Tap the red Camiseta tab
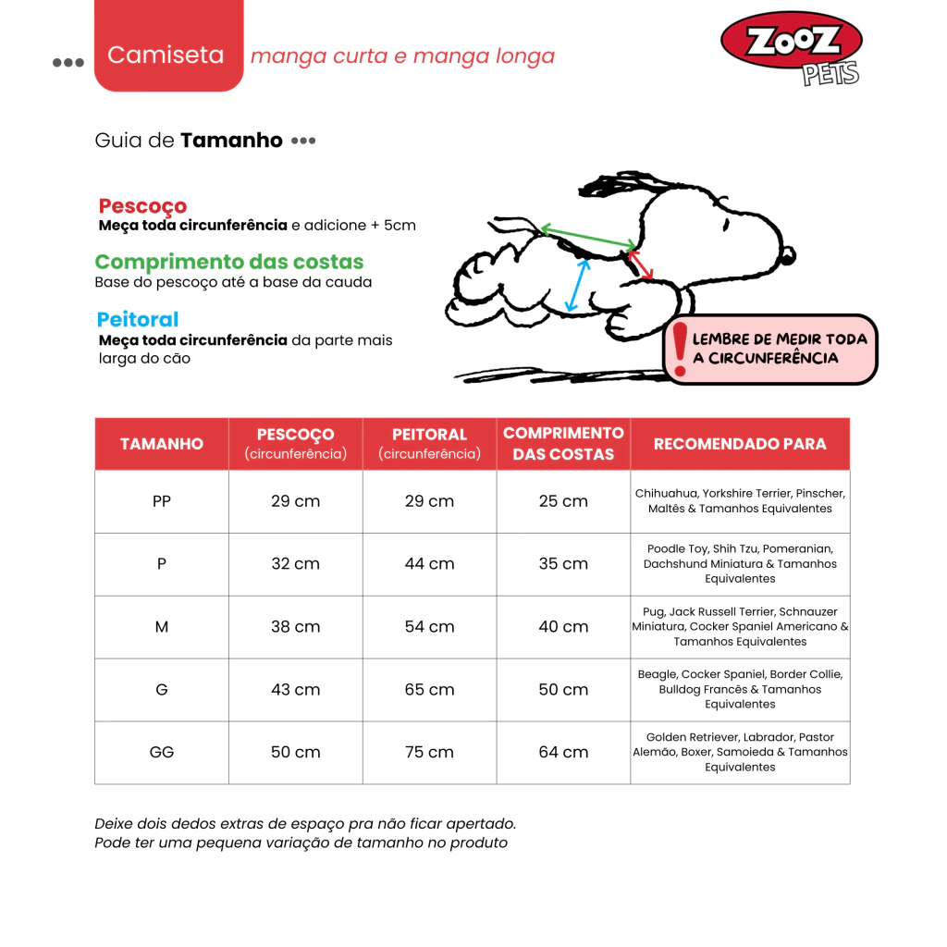[166, 55]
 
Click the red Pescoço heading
[142, 206]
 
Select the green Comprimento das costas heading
[229, 262]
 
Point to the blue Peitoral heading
[138, 320]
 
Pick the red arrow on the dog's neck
[641, 264]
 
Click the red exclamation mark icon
[680, 349]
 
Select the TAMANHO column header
[162, 444]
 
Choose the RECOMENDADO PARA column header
[740, 444]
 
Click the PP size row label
[162, 501]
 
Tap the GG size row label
[162, 753]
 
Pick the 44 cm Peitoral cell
[429, 564]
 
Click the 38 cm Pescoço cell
[295, 627]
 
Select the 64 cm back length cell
[563, 753]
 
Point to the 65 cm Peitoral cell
[429, 690]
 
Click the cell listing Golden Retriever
[740, 753]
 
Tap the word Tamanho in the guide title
[231, 141]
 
